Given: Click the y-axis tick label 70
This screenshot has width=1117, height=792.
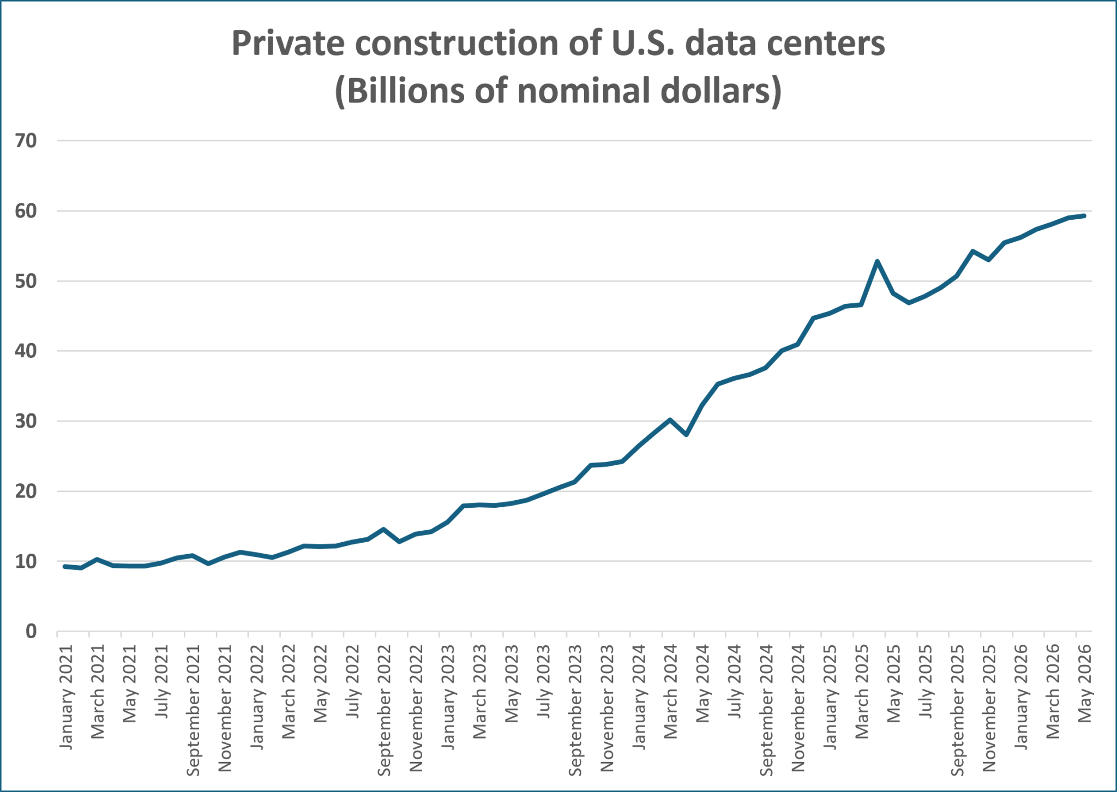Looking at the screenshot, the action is (26, 141).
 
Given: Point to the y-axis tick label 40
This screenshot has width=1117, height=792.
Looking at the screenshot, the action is (26, 351).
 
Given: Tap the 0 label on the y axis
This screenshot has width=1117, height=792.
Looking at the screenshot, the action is (31, 631).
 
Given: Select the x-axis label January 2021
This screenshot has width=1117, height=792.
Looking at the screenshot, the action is (65, 697).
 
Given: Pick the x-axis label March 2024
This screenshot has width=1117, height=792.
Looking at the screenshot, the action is (670, 692).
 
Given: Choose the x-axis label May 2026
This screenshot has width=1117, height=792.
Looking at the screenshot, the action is (1084, 683).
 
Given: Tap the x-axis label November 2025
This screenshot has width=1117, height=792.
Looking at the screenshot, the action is (989, 708).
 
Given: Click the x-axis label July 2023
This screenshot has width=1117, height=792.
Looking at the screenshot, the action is (543, 681).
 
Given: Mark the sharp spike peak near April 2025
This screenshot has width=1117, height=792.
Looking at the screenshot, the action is (877, 261).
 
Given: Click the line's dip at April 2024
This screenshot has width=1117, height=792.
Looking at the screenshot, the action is (686, 435).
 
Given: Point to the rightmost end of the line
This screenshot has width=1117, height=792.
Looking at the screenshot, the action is (1084, 216).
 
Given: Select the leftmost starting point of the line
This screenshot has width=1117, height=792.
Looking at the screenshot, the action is (65, 567).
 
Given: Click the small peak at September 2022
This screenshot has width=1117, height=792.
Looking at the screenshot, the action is (383, 529).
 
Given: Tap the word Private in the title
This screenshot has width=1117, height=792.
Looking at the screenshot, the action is (289, 43).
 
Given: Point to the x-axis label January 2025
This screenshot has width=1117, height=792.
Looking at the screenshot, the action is (830, 697).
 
